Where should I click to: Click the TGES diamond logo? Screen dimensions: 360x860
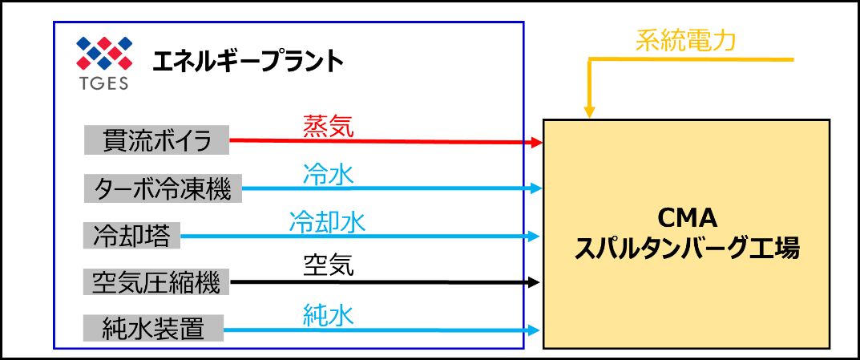tap(103, 55)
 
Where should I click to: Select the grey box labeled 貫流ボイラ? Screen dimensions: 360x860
tap(157, 141)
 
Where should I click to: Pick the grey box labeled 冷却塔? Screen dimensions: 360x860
tap(132, 236)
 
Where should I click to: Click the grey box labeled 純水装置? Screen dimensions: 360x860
tap(153, 329)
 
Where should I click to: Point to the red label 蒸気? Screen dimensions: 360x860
tap(328, 127)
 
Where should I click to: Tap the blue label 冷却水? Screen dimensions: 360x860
tap(327, 221)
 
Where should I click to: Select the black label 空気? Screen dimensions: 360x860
tap(328, 266)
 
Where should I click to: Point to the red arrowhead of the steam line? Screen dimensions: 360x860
tap(538, 143)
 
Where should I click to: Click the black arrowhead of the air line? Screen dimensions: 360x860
tap(538, 282)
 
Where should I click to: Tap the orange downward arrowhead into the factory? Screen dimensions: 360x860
tap(590, 112)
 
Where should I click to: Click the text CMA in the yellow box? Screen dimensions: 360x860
tap(686, 218)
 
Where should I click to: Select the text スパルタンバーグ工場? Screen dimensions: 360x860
tap(687, 249)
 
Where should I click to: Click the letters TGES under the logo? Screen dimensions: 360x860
tap(103, 83)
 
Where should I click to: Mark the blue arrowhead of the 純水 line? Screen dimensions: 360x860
tap(538, 330)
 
